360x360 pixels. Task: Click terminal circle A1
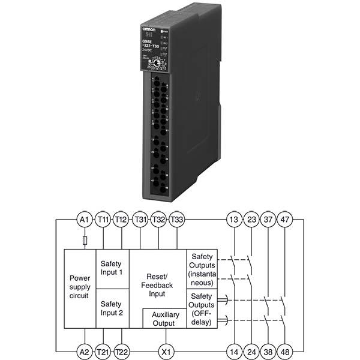84,220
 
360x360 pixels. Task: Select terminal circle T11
103,220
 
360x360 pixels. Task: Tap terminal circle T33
177,220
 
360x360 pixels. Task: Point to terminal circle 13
233,220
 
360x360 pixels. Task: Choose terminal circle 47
285,220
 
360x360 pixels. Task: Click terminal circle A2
84,351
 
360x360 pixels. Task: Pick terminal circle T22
122,351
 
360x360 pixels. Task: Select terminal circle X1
163,351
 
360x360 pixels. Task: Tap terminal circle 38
268,351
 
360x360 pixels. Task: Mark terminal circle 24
250,351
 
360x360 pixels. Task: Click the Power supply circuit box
80,287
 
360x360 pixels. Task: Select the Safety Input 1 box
112,268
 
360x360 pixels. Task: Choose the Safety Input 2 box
112,308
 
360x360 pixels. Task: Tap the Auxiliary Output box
164,319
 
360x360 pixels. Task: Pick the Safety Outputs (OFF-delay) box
202,309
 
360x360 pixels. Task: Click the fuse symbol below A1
85,239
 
